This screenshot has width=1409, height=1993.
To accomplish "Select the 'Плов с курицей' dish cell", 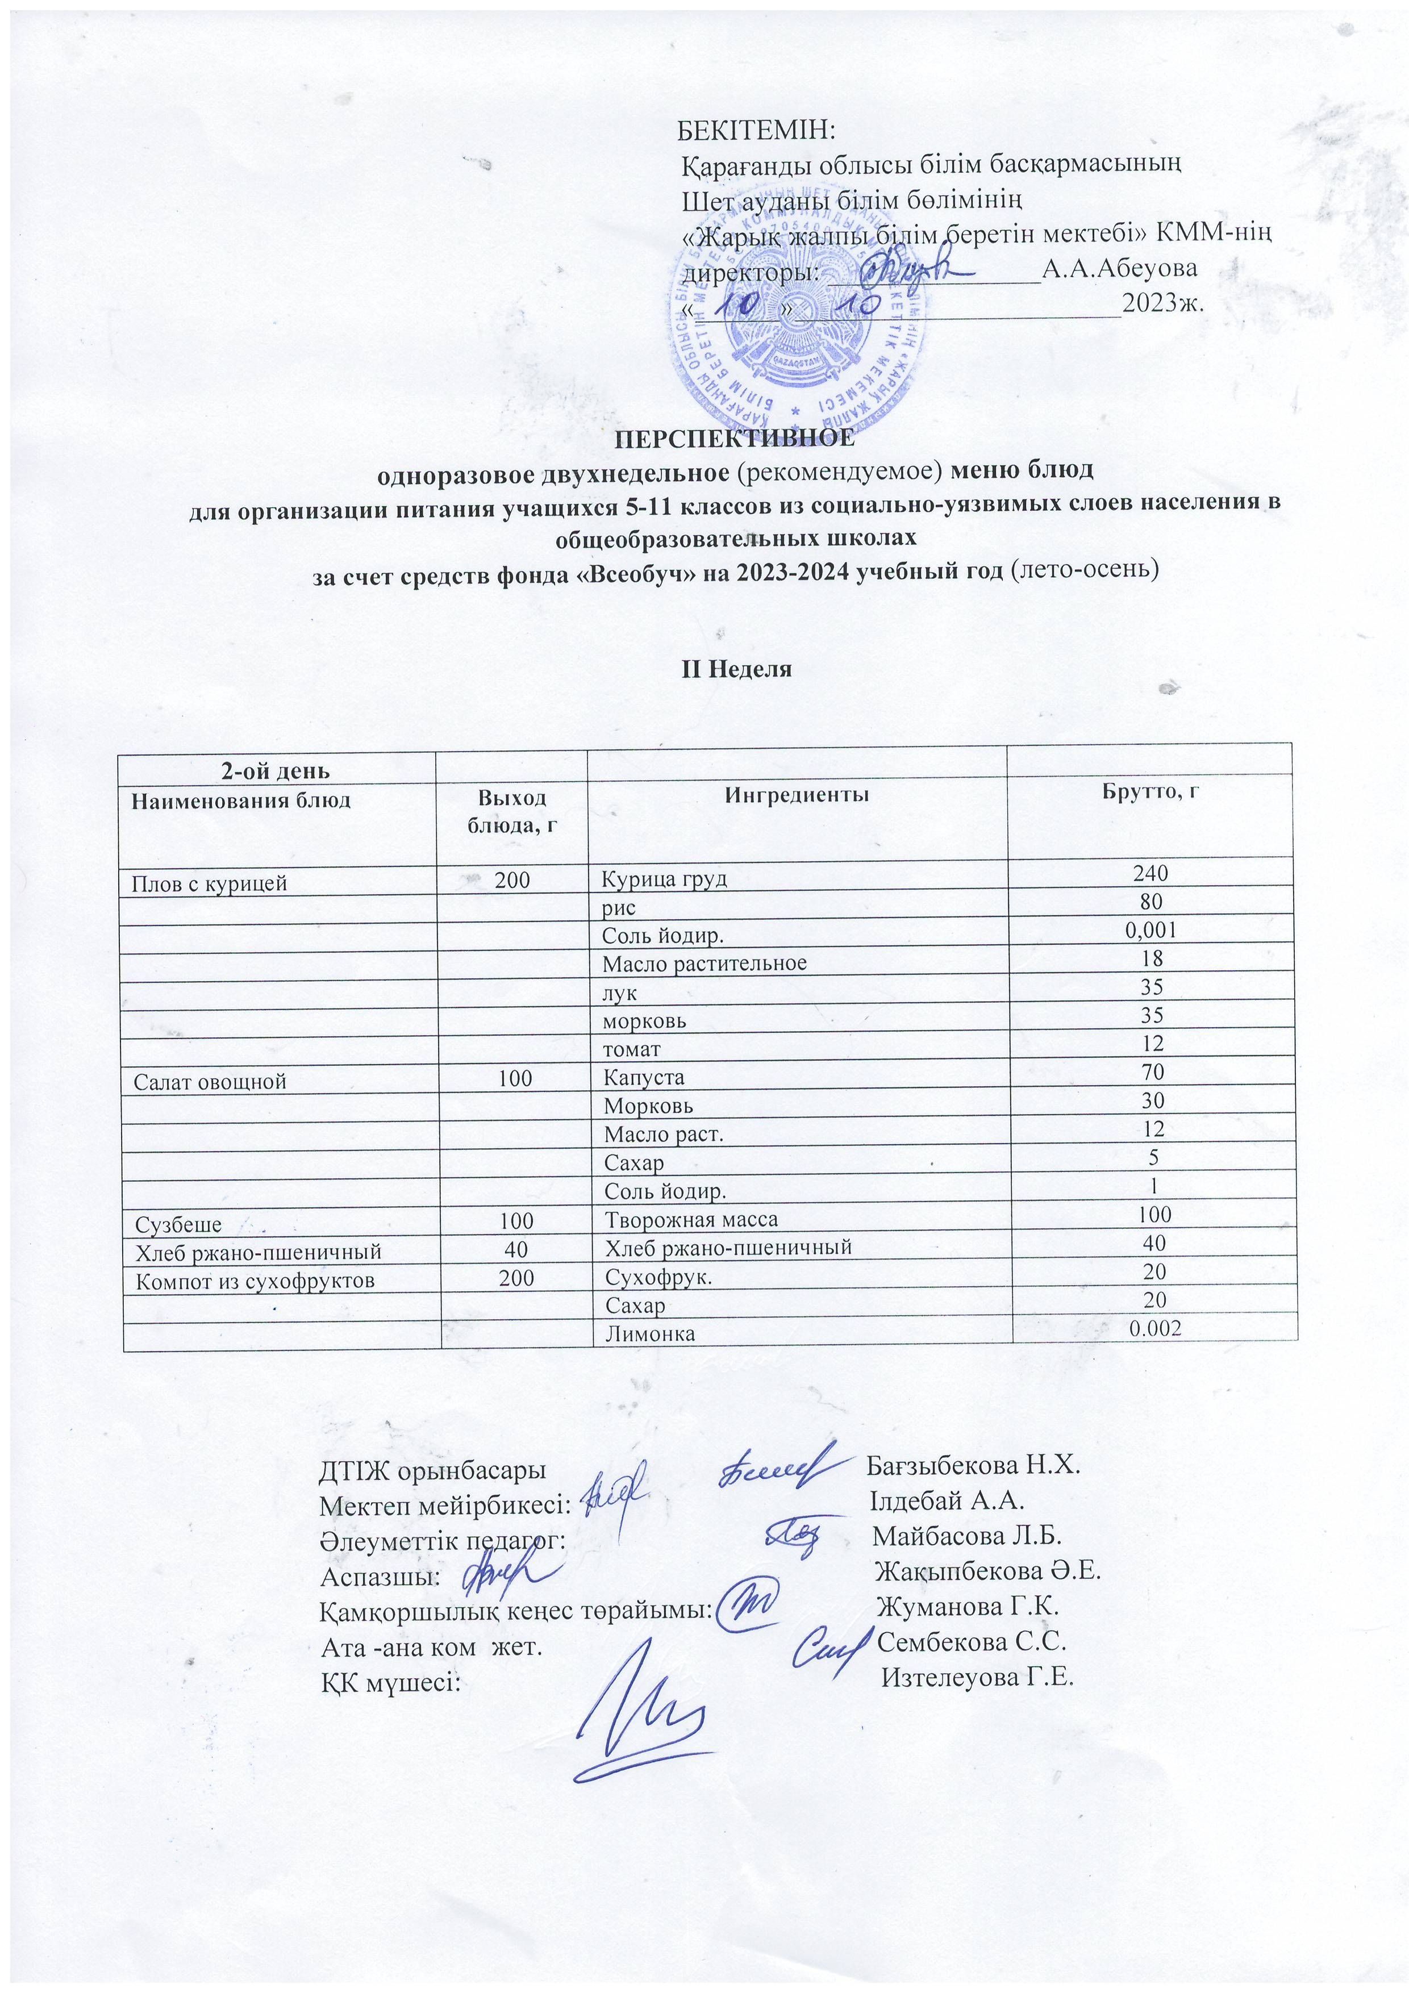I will (x=209, y=883).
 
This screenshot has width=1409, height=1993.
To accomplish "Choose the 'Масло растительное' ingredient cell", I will (x=704, y=962).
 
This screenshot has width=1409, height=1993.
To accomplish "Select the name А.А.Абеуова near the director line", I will (x=1120, y=268).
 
